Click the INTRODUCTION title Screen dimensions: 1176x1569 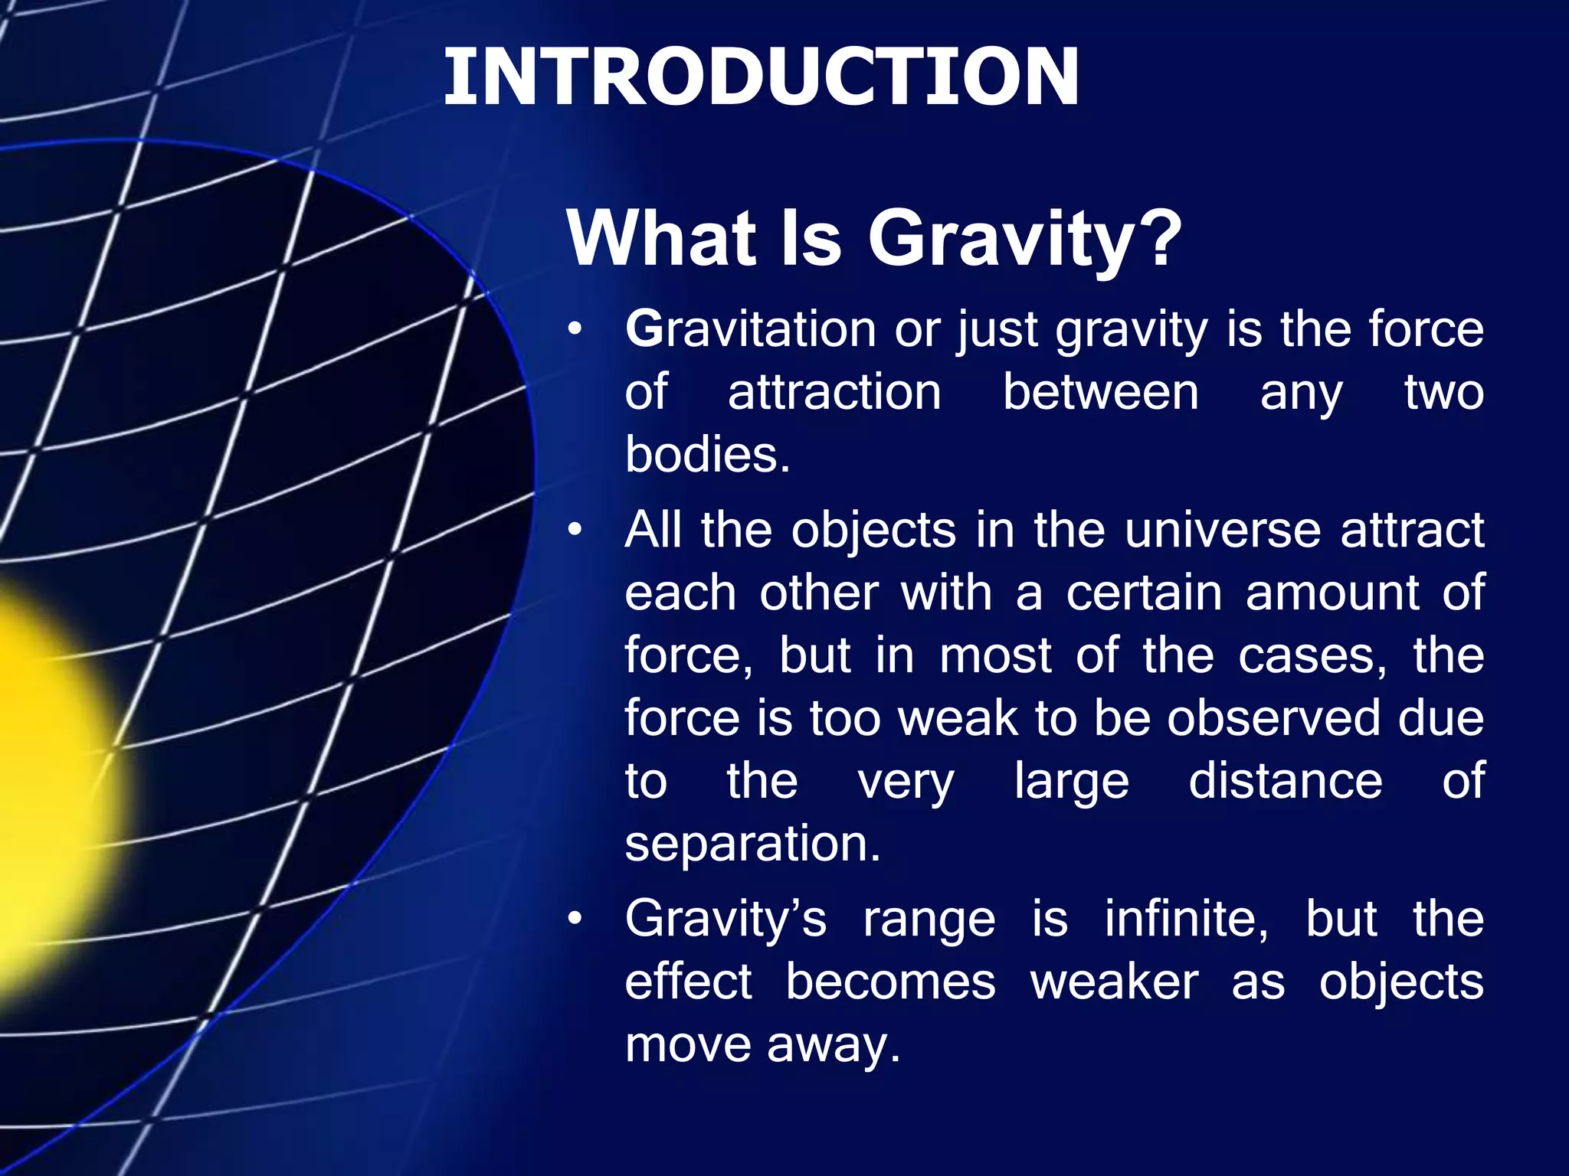(x=761, y=77)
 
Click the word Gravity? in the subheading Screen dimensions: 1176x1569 (x=1024, y=239)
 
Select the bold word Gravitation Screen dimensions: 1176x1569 (x=750, y=330)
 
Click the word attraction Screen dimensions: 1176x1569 (x=834, y=393)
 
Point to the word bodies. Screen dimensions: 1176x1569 (x=706, y=455)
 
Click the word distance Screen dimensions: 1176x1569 (x=1286, y=781)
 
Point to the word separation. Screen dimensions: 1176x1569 (x=752, y=844)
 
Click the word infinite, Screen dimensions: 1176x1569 (x=1186, y=919)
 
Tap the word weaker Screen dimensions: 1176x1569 (x=1114, y=982)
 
